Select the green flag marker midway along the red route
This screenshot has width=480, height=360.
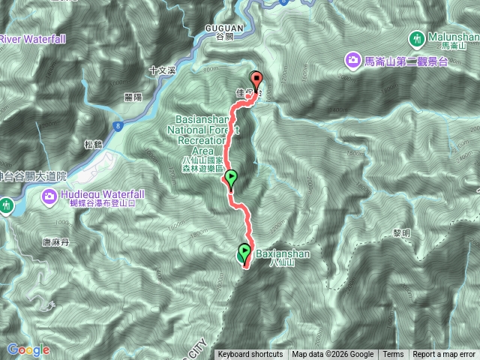[x=231, y=179]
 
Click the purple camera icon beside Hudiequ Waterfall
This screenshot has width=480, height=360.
[x=50, y=196]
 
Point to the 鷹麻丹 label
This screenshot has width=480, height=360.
[x=56, y=242]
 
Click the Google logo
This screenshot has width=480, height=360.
[x=28, y=349]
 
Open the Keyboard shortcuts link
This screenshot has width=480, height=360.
[x=250, y=355]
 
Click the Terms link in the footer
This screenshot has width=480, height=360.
[x=393, y=355]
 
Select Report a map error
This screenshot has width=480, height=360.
[x=445, y=355]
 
